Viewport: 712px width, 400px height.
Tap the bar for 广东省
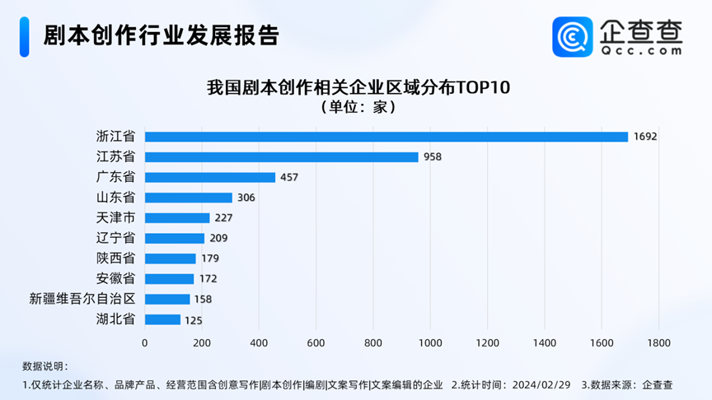pos(210,177)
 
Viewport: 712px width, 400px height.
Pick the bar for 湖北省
pos(162,319)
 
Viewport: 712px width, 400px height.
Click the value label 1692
pos(646,137)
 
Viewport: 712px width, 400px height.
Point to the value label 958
pos(433,156)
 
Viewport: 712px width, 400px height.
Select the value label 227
pos(224,218)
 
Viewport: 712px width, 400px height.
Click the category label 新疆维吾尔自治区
pos(82,299)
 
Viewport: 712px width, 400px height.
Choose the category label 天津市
pos(116,218)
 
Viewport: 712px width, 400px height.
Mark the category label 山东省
pos(116,198)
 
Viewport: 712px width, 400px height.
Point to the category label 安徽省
pos(116,279)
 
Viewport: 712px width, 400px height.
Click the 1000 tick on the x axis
pos(430,342)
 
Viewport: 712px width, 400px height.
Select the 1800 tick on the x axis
pos(658,342)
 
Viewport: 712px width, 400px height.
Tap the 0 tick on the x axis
pos(145,342)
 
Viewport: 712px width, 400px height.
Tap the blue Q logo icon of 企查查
pos(572,37)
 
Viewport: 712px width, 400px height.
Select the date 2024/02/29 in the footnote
pos(541,384)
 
